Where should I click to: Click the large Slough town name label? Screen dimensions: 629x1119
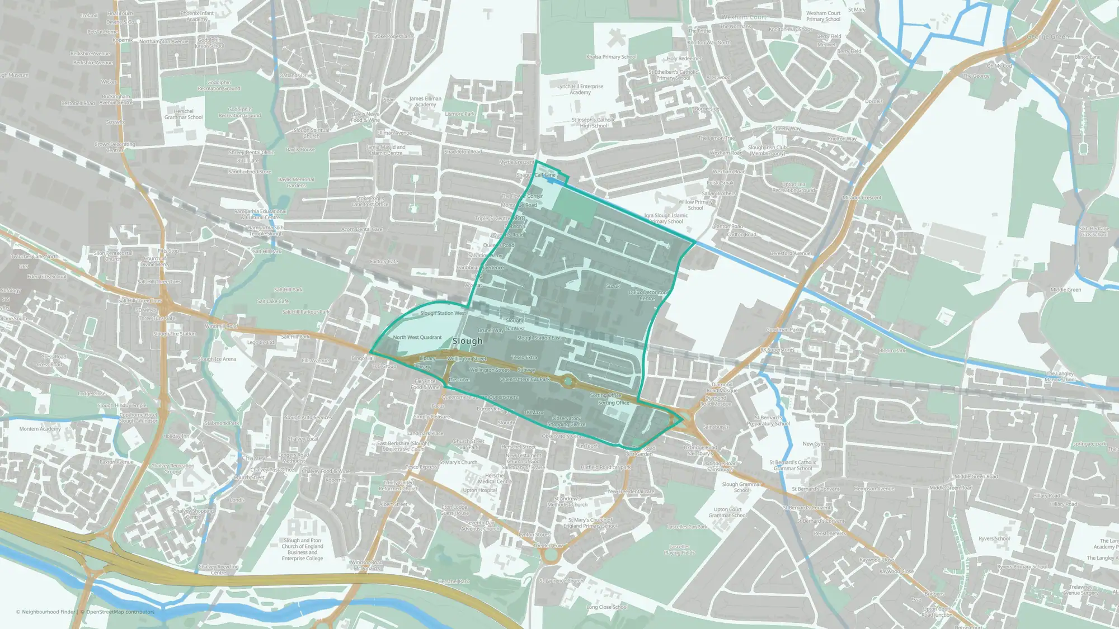click(x=467, y=341)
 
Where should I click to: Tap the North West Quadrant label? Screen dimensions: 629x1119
click(x=417, y=338)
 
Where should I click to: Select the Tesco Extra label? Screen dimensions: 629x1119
click(x=524, y=357)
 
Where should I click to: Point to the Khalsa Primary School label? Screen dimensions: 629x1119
click(x=611, y=57)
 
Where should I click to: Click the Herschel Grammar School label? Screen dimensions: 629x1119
click(x=184, y=115)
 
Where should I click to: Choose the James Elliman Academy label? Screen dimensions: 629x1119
click(x=425, y=102)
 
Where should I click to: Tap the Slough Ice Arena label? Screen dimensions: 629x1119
click(x=217, y=360)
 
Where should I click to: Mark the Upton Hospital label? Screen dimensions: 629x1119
click(x=479, y=490)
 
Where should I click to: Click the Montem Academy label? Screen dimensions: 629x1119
click(x=40, y=429)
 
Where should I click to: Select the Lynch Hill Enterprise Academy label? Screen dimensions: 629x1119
click(x=580, y=89)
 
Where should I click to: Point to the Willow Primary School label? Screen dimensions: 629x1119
click(x=695, y=205)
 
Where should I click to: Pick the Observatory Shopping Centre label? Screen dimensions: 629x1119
click(x=566, y=422)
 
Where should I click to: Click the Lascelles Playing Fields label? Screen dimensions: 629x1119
click(x=679, y=550)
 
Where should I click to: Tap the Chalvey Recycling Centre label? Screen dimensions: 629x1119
click(x=219, y=570)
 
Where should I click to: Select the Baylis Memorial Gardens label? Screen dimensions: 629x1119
click(x=296, y=183)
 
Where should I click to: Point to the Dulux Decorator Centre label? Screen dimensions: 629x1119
click(x=647, y=295)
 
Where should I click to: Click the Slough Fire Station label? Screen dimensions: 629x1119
click(x=175, y=334)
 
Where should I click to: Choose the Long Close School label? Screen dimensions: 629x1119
click(x=606, y=607)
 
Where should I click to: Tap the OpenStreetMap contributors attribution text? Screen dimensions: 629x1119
click(x=120, y=612)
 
